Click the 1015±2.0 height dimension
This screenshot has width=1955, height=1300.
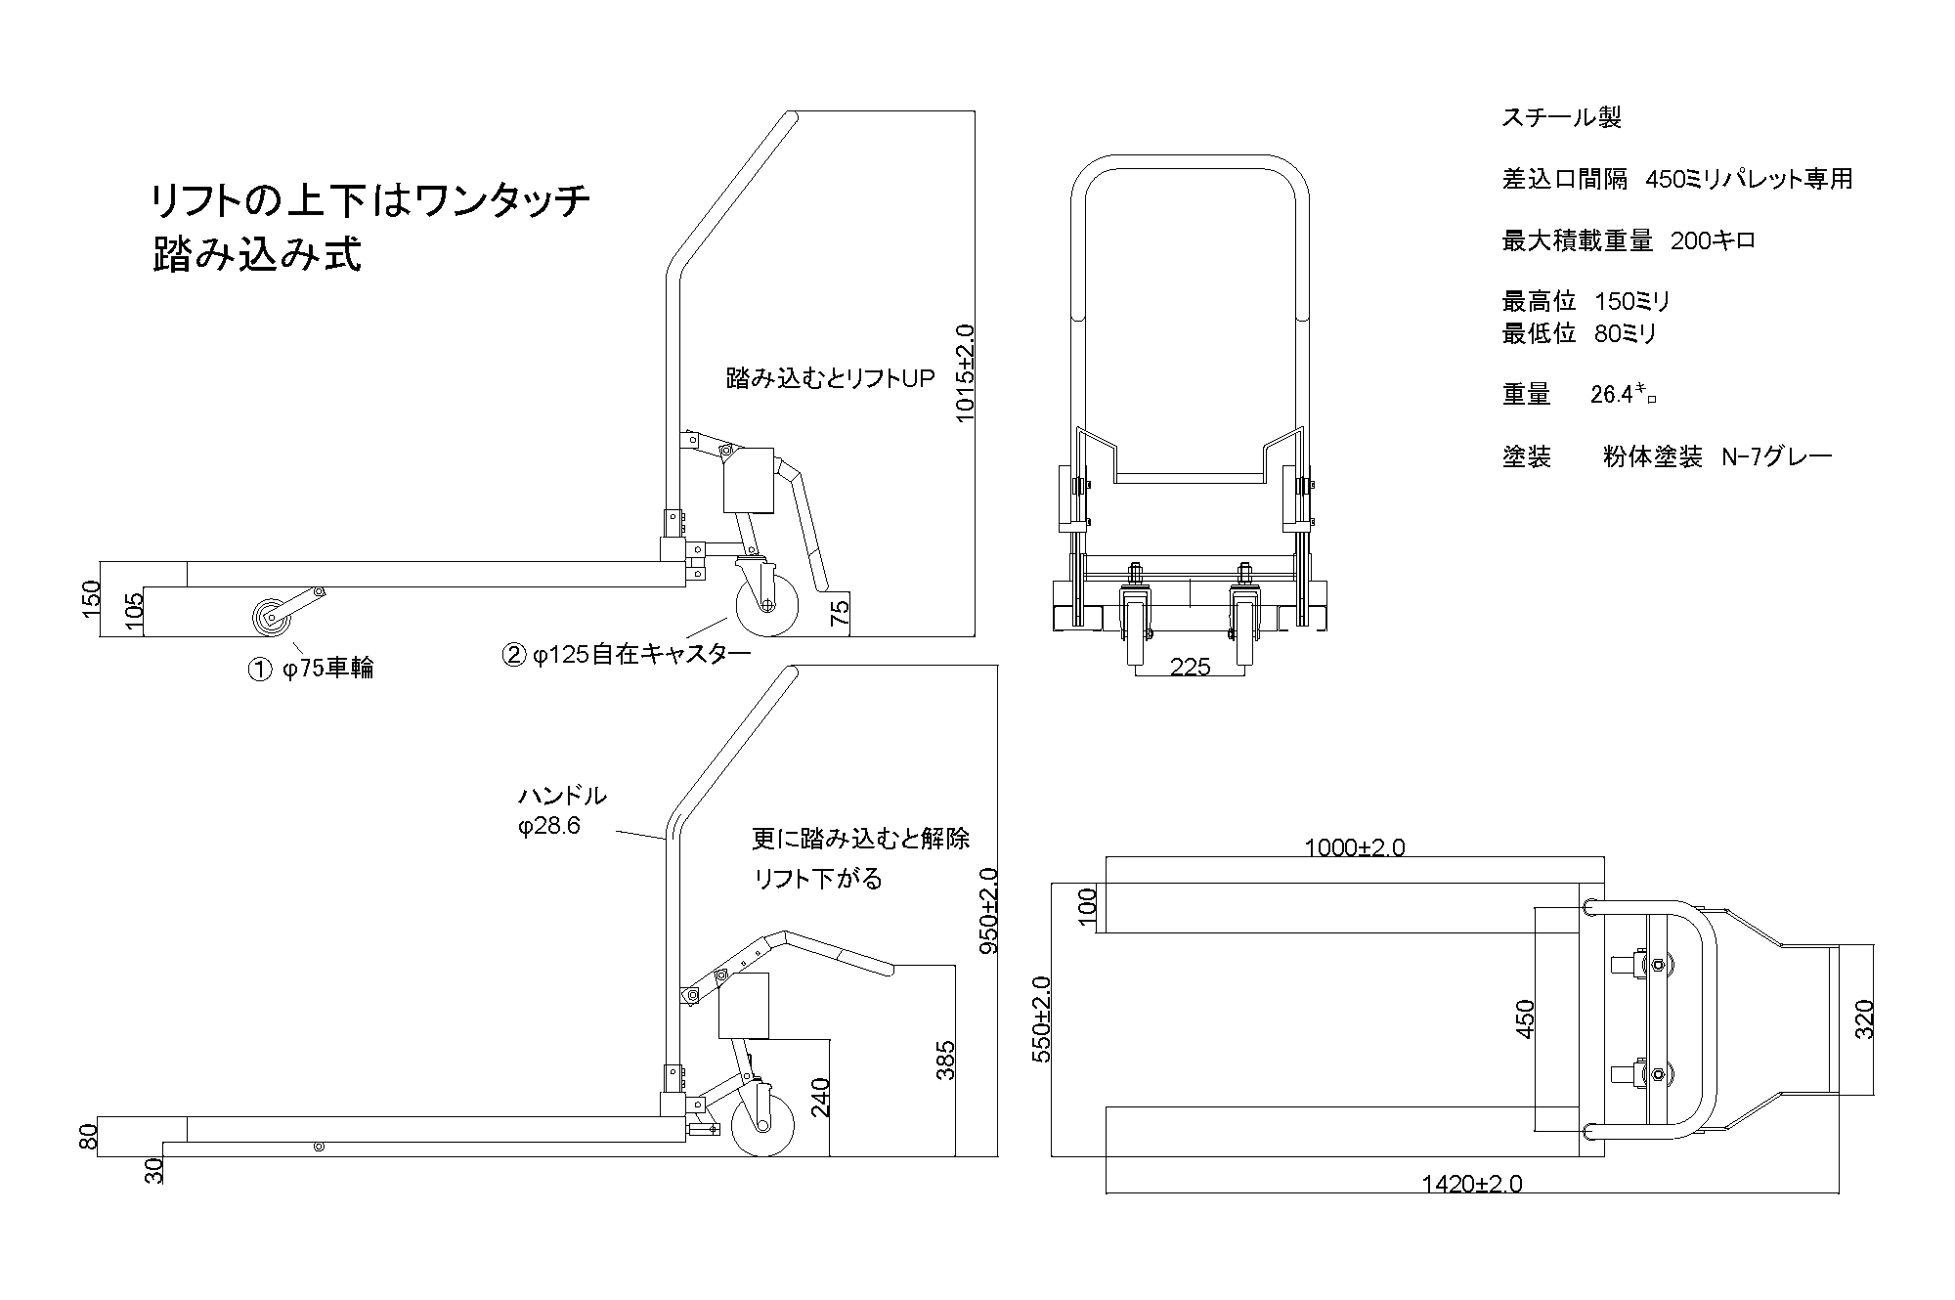(x=966, y=374)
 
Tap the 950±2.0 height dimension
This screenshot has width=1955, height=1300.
(x=987, y=910)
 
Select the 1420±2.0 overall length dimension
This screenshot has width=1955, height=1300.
(x=1471, y=1184)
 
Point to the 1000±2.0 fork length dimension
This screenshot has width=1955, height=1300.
(x=1355, y=847)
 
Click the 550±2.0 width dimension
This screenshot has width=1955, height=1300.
(x=1042, y=1019)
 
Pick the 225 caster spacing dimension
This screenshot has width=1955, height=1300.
(x=1190, y=667)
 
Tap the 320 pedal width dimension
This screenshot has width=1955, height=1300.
(x=1864, y=1019)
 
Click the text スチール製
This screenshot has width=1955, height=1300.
(x=1561, y=118)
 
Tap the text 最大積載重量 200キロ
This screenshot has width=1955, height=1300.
(x=1629, y=240)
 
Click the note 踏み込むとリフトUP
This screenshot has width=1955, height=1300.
(x=831, y=378)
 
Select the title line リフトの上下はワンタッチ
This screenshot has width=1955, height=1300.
(x=369, y=202)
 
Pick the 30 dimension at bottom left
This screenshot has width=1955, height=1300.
(x=154, y=1171)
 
